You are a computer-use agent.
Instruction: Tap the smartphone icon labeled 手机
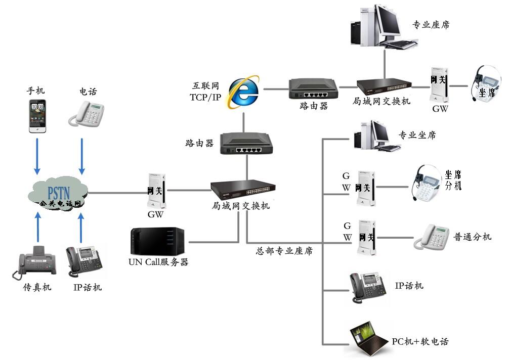click(x=37, y=116)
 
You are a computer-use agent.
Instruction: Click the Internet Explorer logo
click(x=243, y=91)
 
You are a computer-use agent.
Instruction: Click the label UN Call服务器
click(x=158, y=262)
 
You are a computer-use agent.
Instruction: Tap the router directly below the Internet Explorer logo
click(x=246, y=144)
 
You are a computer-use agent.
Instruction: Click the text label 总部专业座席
click(x=284, y=250)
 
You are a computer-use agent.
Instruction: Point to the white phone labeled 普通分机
click(x=432, y=236)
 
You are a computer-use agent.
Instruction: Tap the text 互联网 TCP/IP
click(x=205, y=92)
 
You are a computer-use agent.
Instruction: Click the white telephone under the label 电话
click(x=87, y=113)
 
